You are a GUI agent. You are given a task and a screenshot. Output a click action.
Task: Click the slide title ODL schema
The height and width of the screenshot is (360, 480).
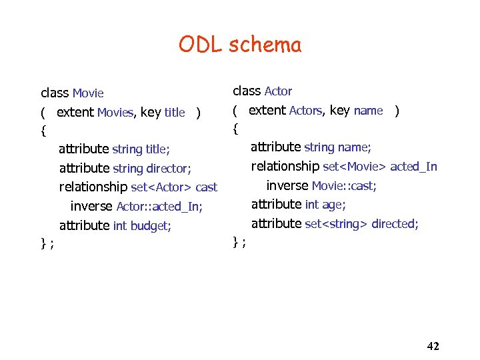(239, 45)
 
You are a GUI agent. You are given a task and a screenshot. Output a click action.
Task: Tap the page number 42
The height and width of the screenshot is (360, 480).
(433, 345)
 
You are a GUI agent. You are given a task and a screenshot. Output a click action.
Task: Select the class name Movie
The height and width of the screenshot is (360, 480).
(88, 93)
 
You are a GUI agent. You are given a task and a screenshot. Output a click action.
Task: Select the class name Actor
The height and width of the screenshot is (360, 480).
(278, 91)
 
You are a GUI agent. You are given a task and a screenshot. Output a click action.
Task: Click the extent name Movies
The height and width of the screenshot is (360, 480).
(115, 113)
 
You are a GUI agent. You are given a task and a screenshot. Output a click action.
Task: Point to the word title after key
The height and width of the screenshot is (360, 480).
(174, 113)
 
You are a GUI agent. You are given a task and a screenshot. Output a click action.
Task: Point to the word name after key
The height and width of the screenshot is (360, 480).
(368, 111)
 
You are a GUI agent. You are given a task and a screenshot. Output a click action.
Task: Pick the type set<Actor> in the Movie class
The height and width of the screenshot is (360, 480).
(161, 187)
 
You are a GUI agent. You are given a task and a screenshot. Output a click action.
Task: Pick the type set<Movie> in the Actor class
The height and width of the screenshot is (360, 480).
(355, 167)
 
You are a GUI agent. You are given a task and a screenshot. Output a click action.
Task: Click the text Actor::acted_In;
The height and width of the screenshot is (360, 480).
(159, 207)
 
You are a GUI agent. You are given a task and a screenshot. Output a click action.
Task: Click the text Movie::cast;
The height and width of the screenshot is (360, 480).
(344, 186)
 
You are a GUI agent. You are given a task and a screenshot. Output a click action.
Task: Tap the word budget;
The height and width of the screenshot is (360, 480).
(151, 226)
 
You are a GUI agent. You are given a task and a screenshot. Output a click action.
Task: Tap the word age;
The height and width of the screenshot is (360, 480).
(334, 205)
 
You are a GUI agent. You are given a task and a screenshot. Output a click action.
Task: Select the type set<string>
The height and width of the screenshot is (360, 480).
(336, 224)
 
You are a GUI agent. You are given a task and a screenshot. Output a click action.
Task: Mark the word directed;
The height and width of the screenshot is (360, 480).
(395, 224)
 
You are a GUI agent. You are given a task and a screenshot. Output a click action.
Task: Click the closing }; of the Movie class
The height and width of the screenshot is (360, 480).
(47, 244)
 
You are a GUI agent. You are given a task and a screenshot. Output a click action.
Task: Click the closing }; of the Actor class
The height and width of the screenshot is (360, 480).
(239, 242)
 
